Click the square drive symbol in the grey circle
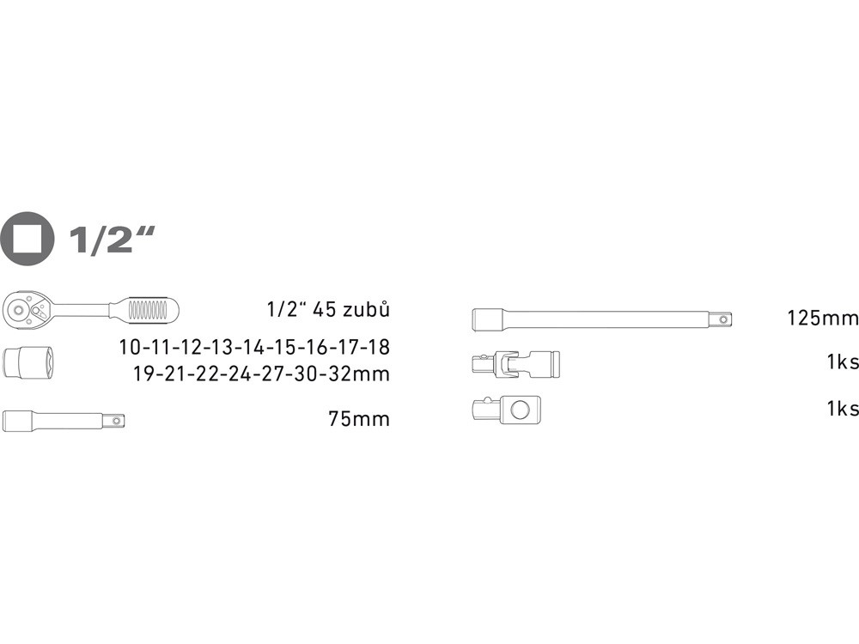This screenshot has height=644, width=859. tap(27, 239)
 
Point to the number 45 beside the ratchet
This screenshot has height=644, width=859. tap(323, 310)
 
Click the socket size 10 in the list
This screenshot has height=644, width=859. tap(131, 347)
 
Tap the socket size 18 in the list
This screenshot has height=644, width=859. tap(379, 347)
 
